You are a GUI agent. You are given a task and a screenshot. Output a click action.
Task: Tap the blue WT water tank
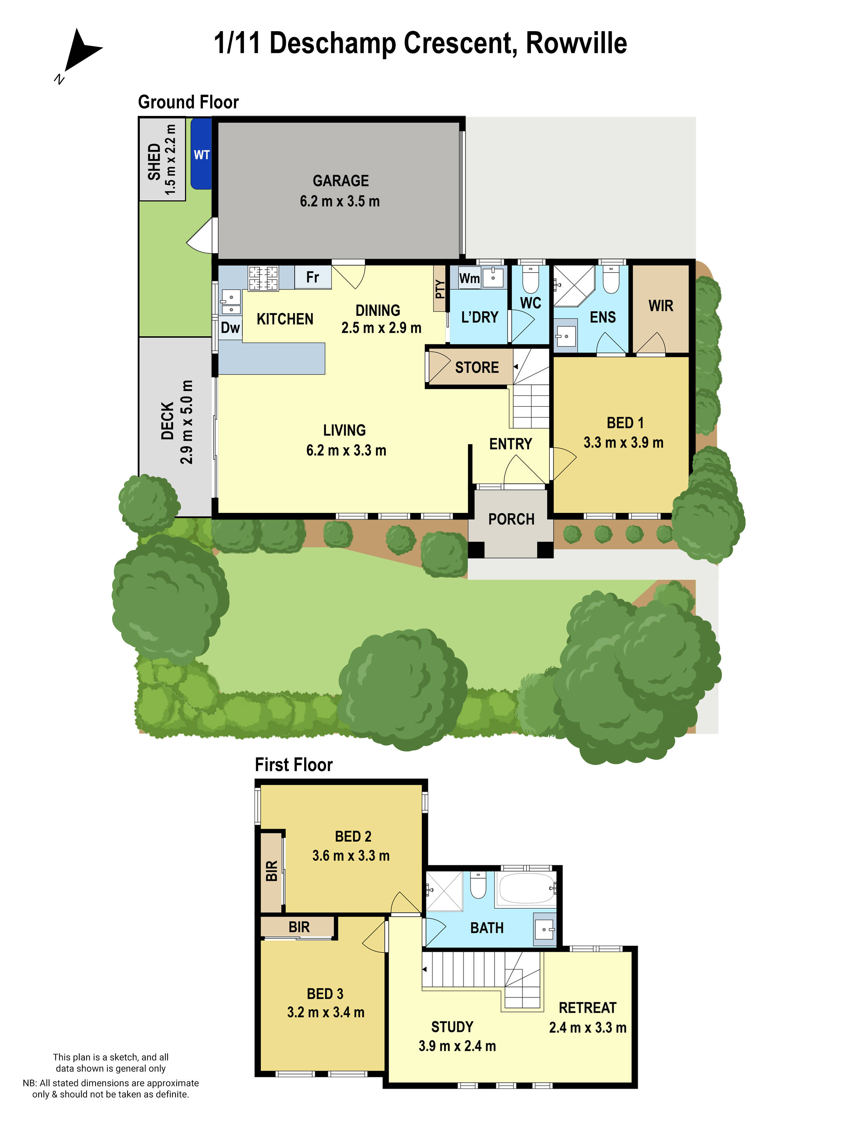coord(201,154)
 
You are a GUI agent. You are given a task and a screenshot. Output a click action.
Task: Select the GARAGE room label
coord(340,180)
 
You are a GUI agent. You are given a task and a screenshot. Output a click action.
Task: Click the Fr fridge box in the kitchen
coord(312,277)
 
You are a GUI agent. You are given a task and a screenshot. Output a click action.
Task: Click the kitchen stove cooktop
coord(262,278)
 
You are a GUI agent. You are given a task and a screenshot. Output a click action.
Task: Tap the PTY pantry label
coord(439,289)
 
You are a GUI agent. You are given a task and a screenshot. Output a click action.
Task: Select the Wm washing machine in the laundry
coord(470,278)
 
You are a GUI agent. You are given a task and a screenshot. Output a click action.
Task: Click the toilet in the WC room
coord(530,280)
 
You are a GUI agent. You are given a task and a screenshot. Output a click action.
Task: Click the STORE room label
coord(477,367)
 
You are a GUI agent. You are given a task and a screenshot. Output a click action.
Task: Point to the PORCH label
coord(511,520)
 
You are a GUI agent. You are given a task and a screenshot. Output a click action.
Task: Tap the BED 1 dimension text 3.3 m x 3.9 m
coord(623,442)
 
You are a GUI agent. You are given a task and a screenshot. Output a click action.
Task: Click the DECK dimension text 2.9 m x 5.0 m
coord(186,422)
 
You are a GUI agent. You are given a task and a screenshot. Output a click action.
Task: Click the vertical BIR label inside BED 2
coord(272,871)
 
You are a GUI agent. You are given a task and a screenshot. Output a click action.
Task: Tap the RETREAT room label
coord(587,1007)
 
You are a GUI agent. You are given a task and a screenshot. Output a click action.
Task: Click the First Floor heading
coord(294,765)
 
